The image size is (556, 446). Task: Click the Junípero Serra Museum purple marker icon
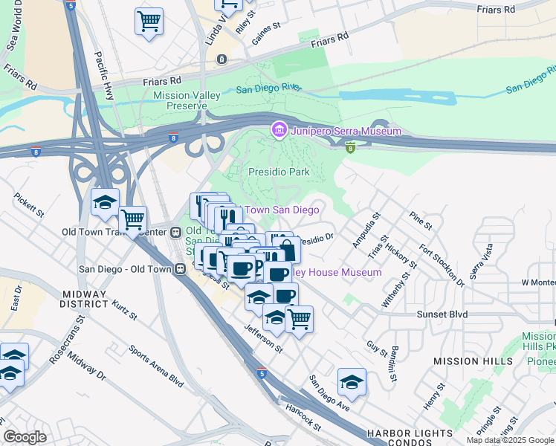pos(279,132)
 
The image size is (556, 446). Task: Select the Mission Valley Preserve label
pos(179,100)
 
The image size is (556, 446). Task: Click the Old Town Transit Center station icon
pos(175,231)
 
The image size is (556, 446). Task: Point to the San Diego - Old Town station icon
pos(180,269)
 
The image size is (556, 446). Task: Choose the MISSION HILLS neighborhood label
pos(473,361)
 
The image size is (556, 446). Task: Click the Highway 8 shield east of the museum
pos(349,147)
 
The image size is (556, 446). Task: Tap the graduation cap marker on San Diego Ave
pos(352,382)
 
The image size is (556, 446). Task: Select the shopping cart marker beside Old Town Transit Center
pos(132,220)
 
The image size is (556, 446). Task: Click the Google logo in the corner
pos(25,437)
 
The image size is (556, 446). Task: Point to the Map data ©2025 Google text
pos(510,440)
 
